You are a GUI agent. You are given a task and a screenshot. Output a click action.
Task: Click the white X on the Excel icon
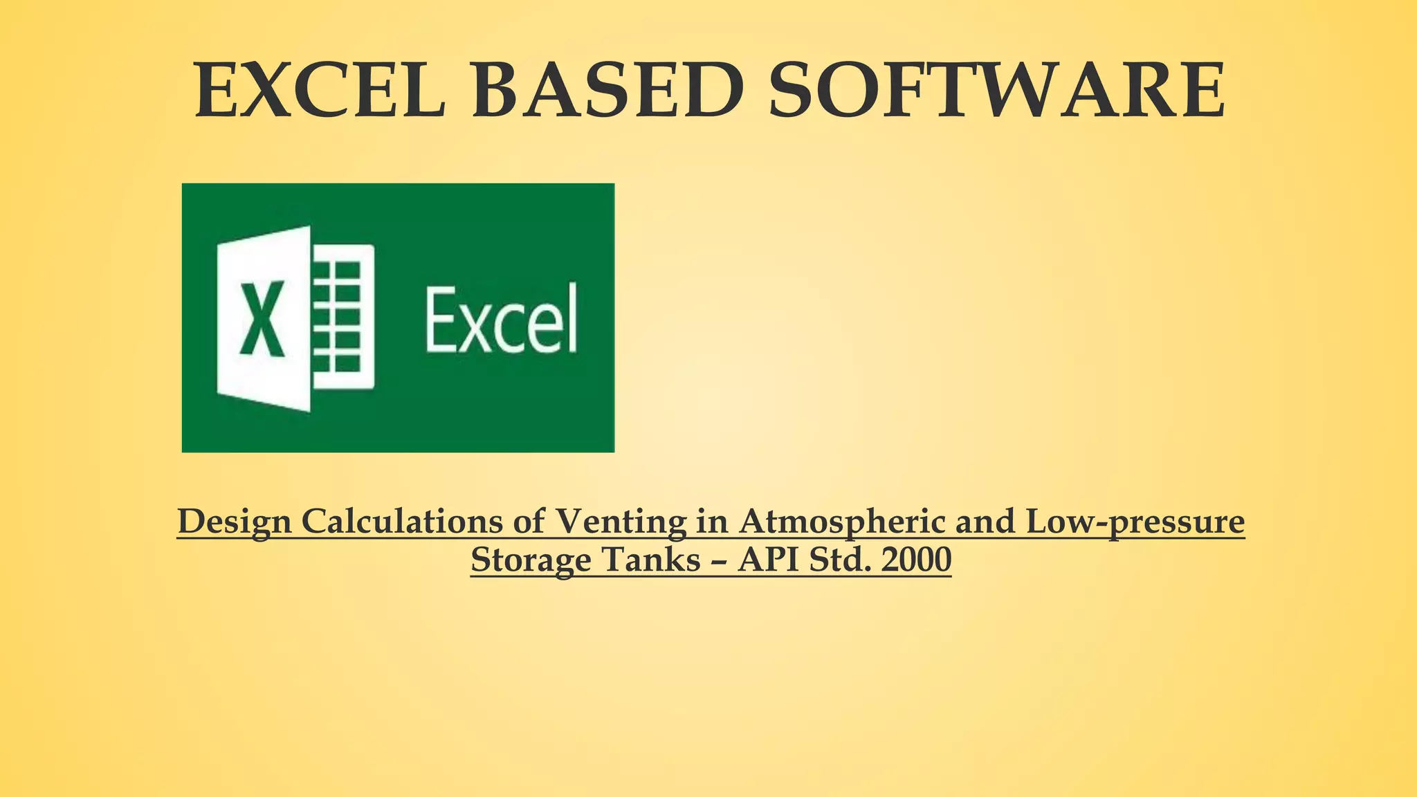pyautogui.click(x=262, y=318)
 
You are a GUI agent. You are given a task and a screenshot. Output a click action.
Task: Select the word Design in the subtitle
pyautogui.click(x=234, y=522)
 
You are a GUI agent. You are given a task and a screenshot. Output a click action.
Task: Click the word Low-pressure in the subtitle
pyautogui.click(x=1135, y=522)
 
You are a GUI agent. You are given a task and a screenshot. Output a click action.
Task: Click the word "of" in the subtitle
pyautogui.click(x=529, y=522)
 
